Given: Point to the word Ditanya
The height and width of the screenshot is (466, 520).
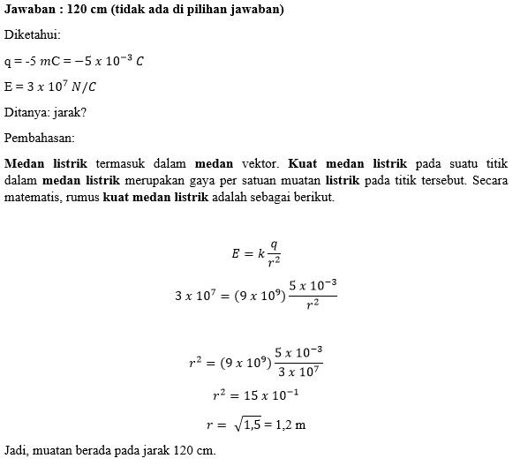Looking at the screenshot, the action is point(27,113).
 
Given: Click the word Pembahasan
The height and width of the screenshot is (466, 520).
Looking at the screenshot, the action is point(40,139).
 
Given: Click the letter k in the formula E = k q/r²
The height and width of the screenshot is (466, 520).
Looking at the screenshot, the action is point(260,254).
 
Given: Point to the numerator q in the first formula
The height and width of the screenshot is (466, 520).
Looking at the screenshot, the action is point(274,245).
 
